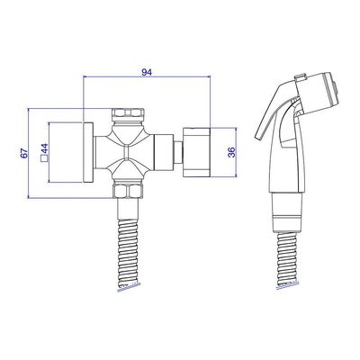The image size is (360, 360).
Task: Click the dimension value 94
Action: (x=147, y=72)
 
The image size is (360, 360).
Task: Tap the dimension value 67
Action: (x=24, y=153)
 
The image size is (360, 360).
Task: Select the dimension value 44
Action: (x=44, y=148)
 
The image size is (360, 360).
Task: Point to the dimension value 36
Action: (x=231, y=152)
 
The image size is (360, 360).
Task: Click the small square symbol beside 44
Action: (x=44, y=158)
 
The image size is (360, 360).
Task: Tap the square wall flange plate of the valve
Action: (x=88, y=152)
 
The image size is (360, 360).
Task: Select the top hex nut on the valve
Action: (x=129, y=114)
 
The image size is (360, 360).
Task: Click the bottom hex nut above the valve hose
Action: (x=129, y=191)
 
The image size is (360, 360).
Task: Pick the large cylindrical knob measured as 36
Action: (x=196, y=152)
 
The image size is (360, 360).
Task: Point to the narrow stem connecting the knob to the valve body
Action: (x=178, y=152)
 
